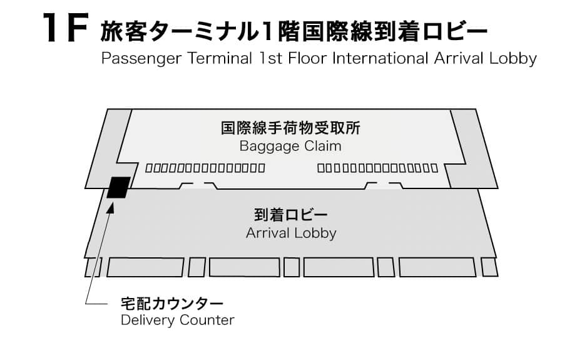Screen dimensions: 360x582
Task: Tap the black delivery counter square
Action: (118, 187)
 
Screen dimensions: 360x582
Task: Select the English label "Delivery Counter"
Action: (177, 320)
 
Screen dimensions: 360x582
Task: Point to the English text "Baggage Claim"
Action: (290, 146)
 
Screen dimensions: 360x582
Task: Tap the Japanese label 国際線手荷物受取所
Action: (290, 129)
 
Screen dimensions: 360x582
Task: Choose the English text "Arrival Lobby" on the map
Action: (291, 233)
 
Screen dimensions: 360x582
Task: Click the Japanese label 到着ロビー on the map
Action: (291, 215)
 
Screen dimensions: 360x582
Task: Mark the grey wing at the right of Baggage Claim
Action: (472, 150)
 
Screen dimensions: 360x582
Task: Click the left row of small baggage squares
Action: (205, 168)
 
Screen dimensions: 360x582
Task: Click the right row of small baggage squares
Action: (377, 168)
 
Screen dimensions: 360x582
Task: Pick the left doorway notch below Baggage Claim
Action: (198, 185)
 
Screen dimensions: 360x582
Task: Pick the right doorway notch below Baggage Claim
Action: (382, 185)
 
